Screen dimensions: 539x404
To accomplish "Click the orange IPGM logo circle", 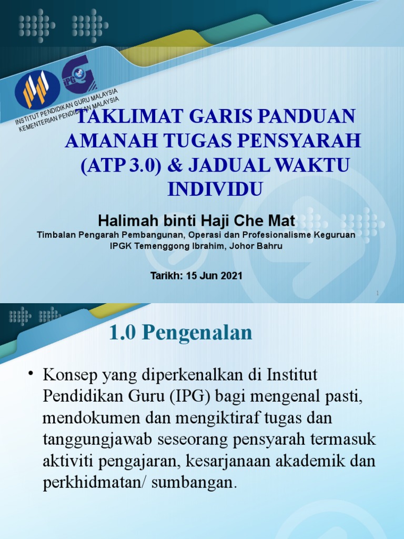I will pyautogui.click(x=37, y=88).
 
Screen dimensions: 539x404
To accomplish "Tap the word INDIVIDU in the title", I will pyautogui.click(x=215, y=188).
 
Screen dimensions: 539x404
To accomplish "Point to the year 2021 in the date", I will pyautogui.click(x=231, y=275).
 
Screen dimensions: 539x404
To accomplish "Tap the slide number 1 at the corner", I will pyautogui.click(x=378, y=293).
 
